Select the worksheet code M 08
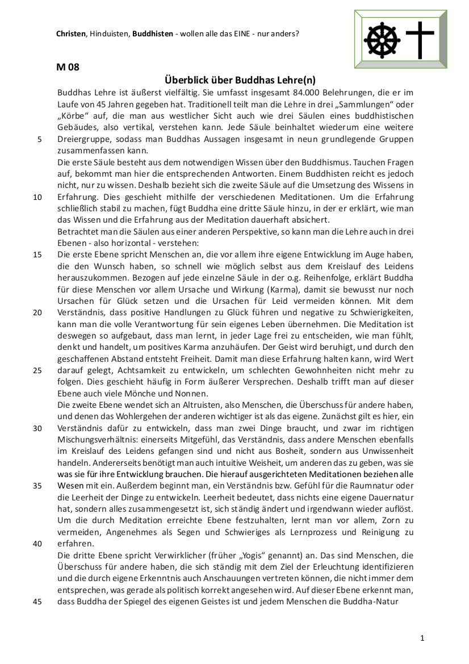point(68,67)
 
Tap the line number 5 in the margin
point(39,139)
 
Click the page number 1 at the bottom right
point(422,638)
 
